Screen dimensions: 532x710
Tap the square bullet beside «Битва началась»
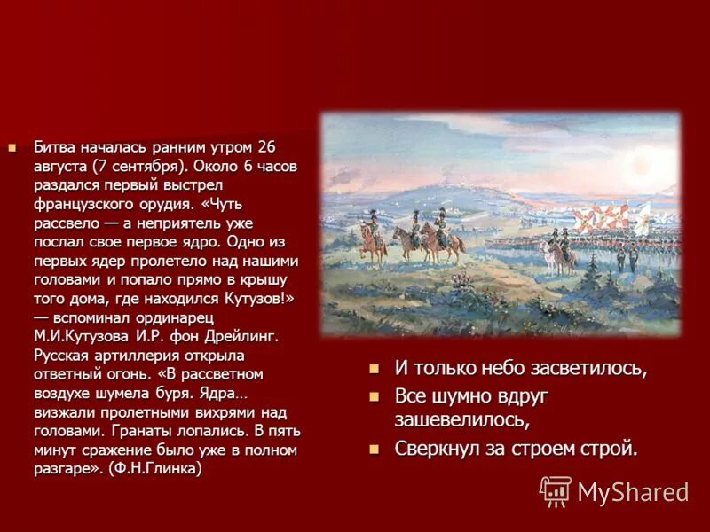pos(12,146)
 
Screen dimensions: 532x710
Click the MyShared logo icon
pos(556,490)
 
